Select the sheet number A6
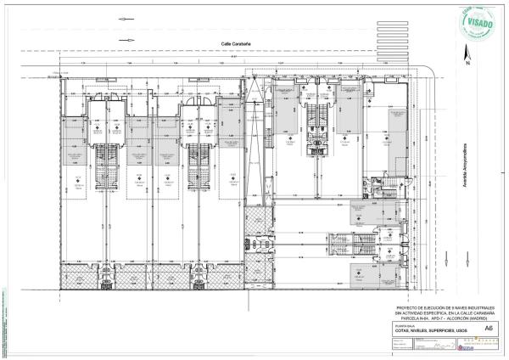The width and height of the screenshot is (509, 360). (488, 327)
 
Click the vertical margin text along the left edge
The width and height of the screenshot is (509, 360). (4, 323)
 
